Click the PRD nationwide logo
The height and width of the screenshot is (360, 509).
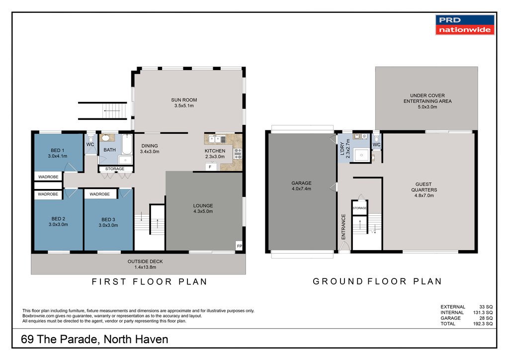[465, 25]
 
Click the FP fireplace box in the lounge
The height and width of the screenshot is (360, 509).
[239, 246]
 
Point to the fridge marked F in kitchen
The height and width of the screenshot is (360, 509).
[210, 167]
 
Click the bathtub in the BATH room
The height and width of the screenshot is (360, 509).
[127, 145]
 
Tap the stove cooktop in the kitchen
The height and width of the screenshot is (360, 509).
[238, 154]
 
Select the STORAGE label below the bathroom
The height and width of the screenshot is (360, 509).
[115, 169]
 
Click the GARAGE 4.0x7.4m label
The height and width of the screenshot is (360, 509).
[301, 185]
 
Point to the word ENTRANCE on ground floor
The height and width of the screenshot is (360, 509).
[343, 227]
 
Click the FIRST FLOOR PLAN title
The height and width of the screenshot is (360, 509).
[149, 281]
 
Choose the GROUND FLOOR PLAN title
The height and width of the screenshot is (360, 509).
[377, 281]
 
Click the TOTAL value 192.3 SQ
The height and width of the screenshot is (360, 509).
[483, 324]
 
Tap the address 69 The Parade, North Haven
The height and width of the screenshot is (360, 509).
[94, 339]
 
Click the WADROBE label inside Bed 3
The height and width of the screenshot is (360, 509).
[99, 194]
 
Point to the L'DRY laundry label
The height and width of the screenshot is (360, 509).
[345, 149]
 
